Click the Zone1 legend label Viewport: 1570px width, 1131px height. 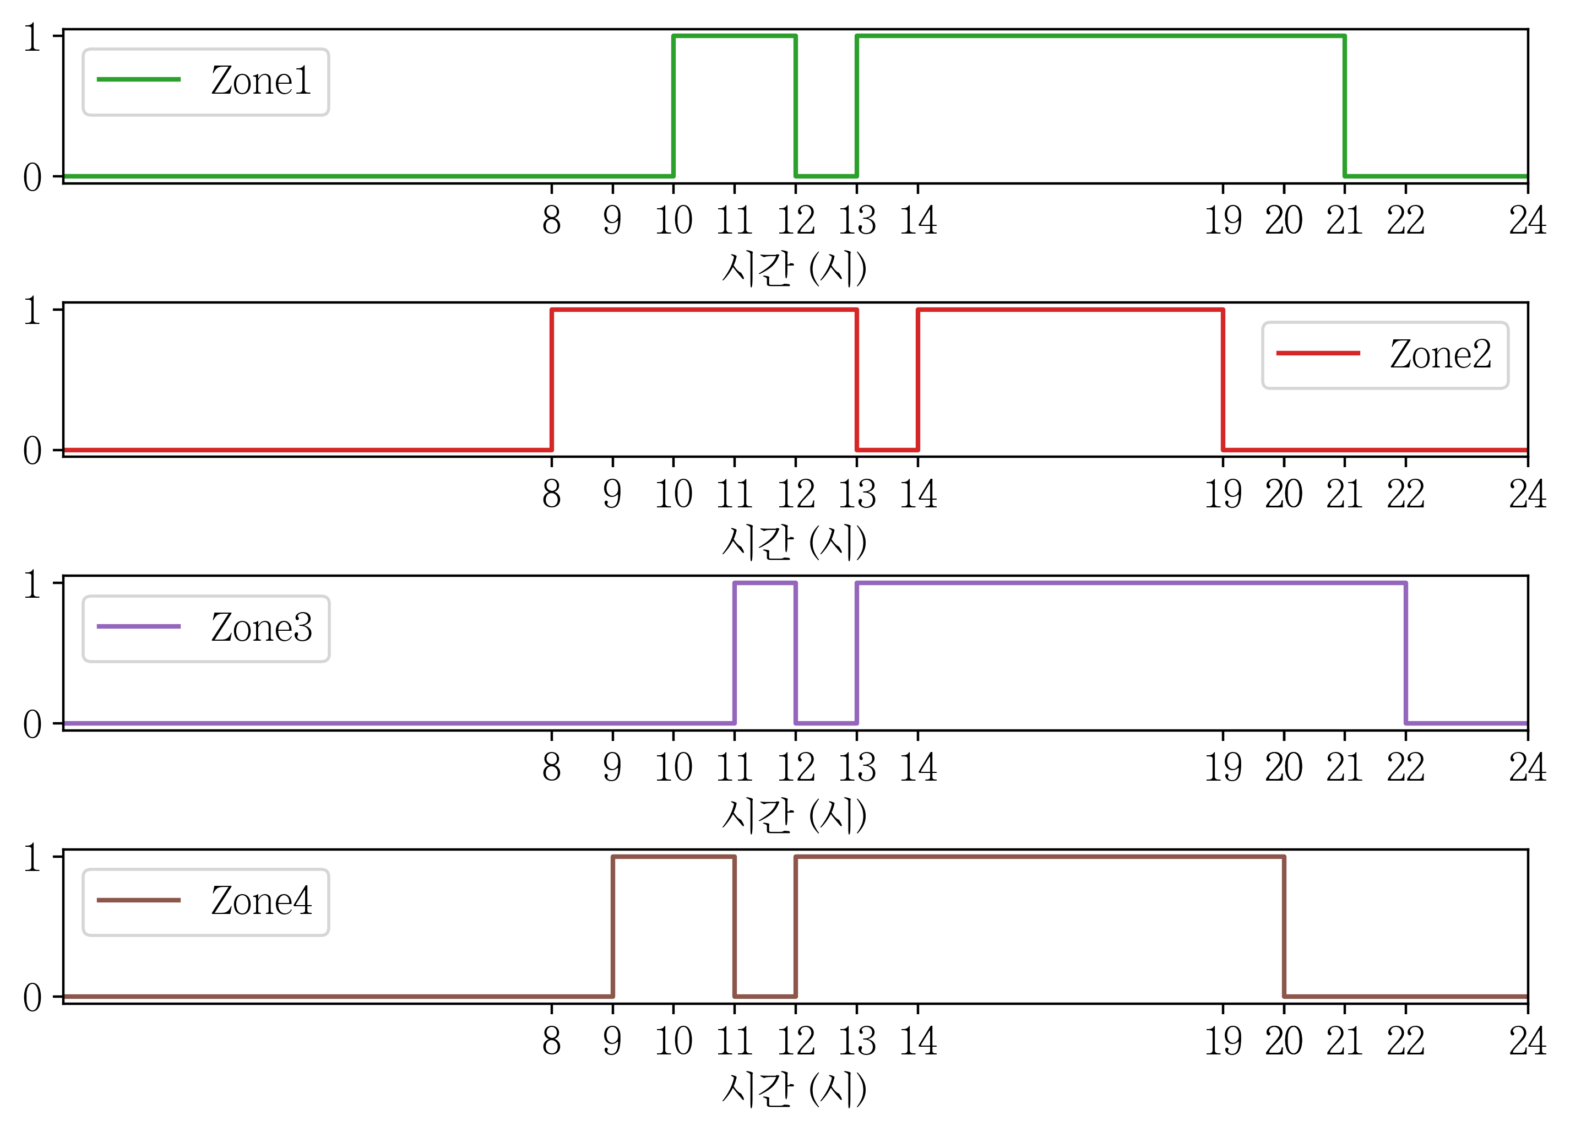pyautogui.click(x=261, y=81)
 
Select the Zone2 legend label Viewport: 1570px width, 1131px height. pyautogui.click(x=1441, y=355)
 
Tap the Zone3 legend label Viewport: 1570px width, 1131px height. pyautogui.click(x=262, y=628)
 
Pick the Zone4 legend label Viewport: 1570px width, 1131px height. pyautogui.click(x=262, y=901)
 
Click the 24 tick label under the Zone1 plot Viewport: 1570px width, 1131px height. pyautogui.click(x=1527, y=221)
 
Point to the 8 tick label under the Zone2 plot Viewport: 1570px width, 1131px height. pyautogui.click(x=552, y=495)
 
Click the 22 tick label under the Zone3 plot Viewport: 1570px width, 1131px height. pyautogui.click(x=1405, y=767)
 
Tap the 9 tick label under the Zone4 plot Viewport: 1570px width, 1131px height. pyautogui.click(x=612, y=1041)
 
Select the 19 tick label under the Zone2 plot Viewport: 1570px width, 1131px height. pyautogui.click(x=1223, y=495)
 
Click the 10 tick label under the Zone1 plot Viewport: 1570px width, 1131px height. pyautogui.click(x=673, y=221)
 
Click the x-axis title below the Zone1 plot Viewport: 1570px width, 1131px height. pyautogui.click(x=794, y=268)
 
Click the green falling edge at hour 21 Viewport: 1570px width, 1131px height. pyautogui.click(x=1344, y=106)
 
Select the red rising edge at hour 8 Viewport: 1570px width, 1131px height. pyautogui.click(x=552, y=380)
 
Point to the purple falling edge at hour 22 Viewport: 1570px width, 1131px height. pyautogui.click(x=1405, y=653)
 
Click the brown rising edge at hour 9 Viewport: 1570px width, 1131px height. pyautogui.click(x=612, y=927)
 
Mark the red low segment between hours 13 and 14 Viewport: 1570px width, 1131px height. pyautogui.click(x=888, y=450)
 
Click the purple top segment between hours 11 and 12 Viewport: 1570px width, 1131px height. pyautogui.click(x=765, y=583)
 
